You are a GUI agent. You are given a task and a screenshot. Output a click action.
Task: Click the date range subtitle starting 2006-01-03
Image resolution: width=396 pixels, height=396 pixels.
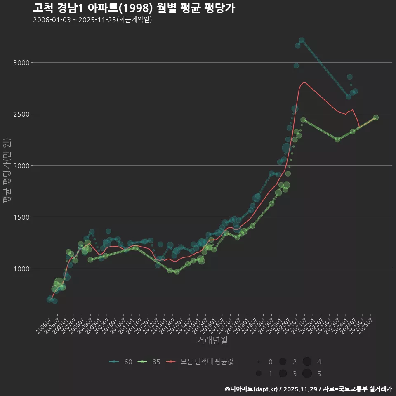point(92,20)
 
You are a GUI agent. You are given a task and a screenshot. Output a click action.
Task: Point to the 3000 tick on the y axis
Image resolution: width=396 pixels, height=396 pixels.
point(21,63)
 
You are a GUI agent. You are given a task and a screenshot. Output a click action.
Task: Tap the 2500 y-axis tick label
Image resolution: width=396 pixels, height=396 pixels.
point(21,114)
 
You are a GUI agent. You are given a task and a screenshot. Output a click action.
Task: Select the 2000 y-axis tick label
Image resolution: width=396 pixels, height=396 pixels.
point(21,166)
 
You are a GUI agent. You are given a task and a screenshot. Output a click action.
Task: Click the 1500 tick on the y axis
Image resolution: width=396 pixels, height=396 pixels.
point(21,217)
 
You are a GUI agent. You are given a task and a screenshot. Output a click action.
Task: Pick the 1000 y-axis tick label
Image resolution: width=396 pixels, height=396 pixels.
point(21,269)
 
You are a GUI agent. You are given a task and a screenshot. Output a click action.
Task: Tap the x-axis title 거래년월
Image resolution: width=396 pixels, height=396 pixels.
point(212,340)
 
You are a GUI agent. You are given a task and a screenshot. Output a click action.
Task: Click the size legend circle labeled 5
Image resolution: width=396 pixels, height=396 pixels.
point(307,374)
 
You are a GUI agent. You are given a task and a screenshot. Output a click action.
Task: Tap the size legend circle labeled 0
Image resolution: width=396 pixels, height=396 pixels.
point(259,362)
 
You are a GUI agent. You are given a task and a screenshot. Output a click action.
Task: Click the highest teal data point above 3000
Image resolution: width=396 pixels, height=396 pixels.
point(302,40)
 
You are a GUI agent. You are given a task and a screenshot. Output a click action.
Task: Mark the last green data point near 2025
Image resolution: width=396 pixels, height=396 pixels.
point(375,118)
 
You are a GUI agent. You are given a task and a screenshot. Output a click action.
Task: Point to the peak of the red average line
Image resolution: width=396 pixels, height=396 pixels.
point(304,82)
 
